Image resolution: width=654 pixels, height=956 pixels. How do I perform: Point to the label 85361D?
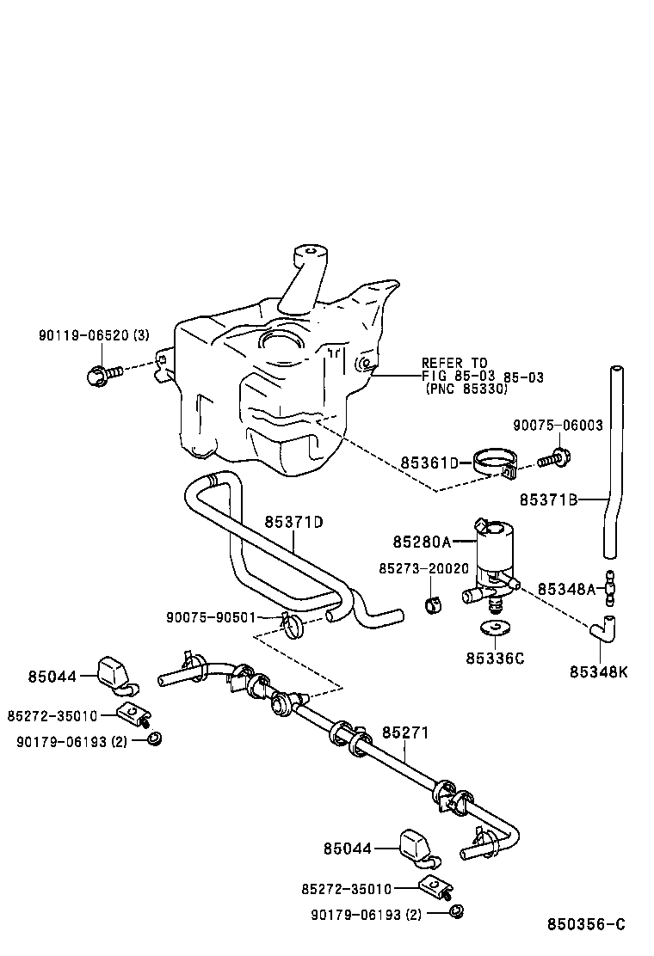(429, 463)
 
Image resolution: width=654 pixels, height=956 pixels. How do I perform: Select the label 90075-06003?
(558, 425)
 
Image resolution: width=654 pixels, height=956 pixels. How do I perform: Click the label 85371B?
(547, 499)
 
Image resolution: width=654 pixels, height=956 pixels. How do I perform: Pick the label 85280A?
(422, 542)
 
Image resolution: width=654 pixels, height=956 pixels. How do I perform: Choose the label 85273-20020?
(423, 568)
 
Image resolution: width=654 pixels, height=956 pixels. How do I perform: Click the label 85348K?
(598, 671)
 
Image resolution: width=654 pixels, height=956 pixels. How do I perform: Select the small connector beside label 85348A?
(610, 586)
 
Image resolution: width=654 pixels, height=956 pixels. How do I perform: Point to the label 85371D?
(293, 522)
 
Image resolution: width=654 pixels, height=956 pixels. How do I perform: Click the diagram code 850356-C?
(586, 925)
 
